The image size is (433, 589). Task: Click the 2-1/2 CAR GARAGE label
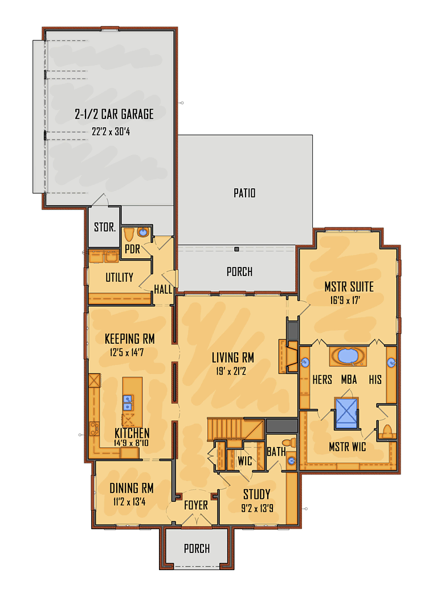114,114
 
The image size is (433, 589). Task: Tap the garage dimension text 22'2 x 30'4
114,131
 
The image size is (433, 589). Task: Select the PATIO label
244,193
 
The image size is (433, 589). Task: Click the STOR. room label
105,228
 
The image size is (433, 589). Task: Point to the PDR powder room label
133,249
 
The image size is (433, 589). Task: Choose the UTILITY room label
119,278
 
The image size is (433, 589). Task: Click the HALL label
163,290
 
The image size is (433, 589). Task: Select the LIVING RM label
232,358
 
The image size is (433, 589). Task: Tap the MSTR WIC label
347,447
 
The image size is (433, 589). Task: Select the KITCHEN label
132,433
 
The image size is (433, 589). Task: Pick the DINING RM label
132,489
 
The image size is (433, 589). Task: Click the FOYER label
195,505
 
